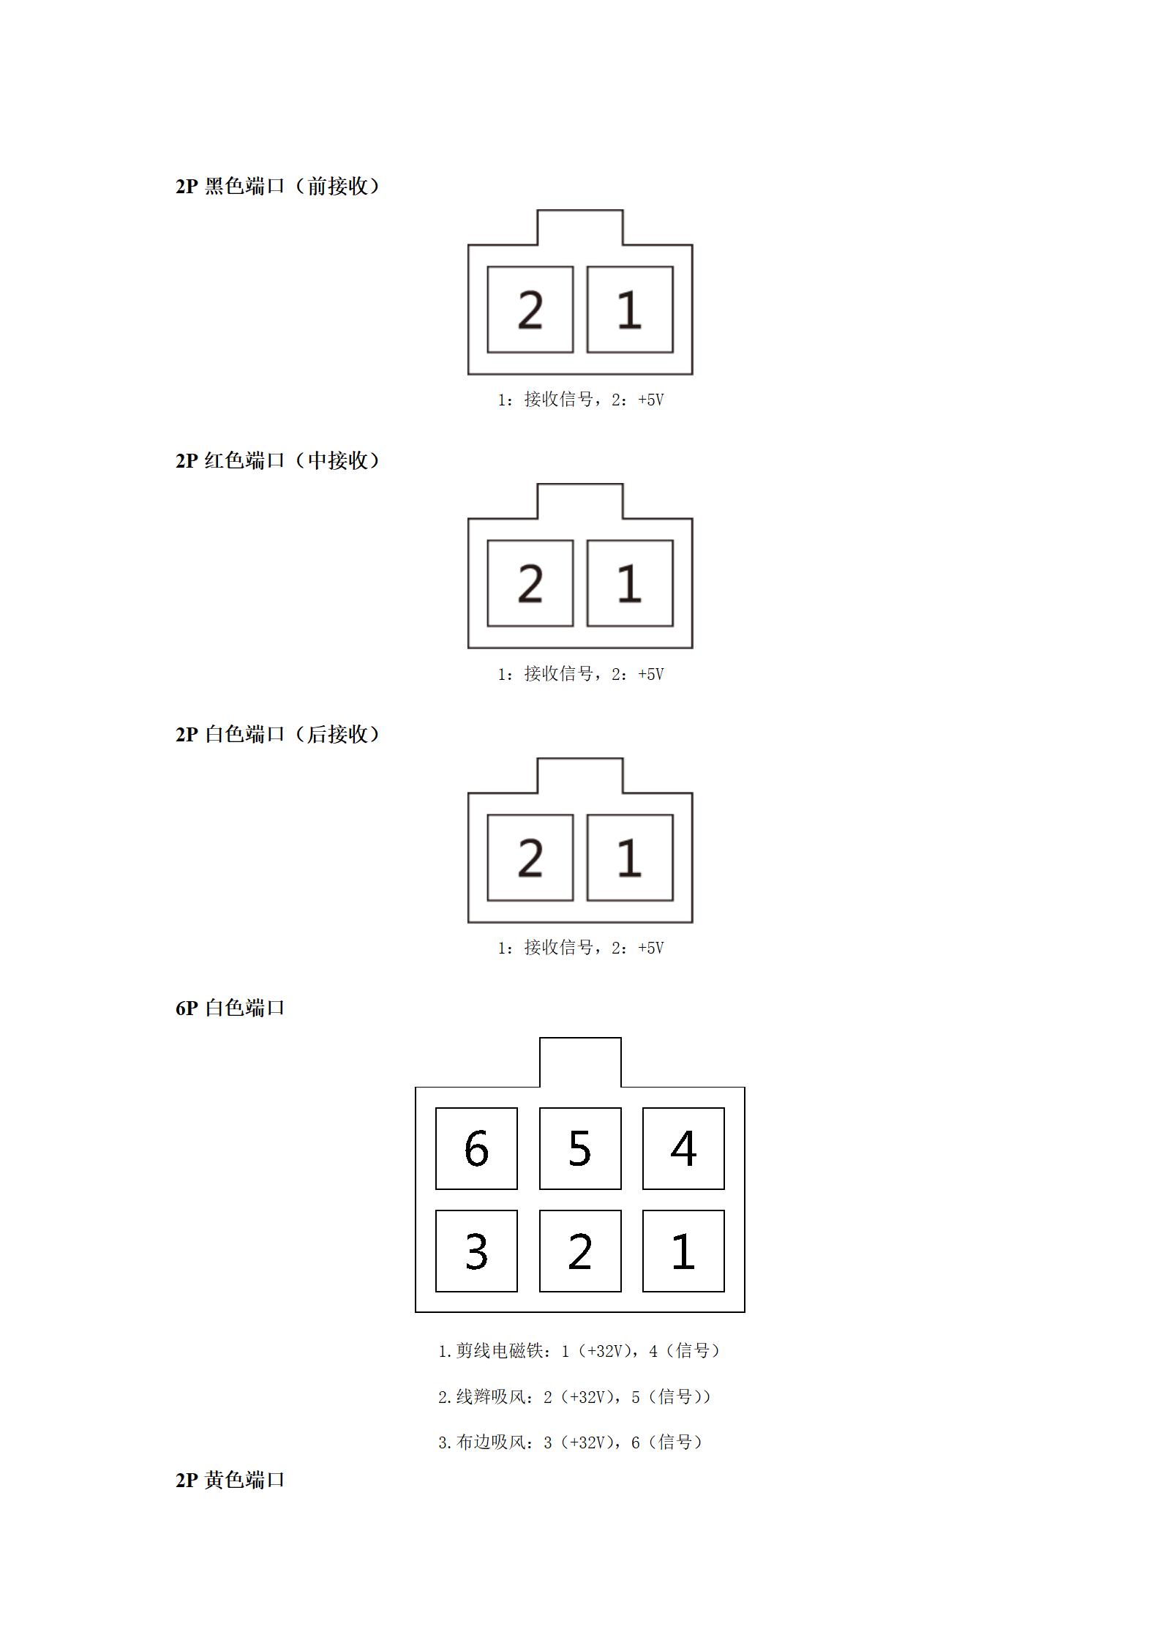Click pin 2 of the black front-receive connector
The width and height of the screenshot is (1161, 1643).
click(x=530, y=310)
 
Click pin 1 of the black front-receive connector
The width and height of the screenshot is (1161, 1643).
click(x=630, y=310)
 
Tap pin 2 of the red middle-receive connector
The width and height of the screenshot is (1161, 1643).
click(x=530, y=583)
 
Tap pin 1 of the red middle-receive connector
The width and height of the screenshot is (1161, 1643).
click(x=630, y=583)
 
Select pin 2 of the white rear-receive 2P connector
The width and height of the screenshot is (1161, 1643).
click(x=530, y=858)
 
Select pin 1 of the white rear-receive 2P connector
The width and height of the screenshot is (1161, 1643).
click(x=630, y=858)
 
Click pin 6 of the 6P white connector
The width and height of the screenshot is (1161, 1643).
click(x=476, y=1148)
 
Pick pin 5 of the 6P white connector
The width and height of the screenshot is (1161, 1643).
click(x=580, y=1148)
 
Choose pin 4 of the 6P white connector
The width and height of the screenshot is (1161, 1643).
click(x=683, y=1148)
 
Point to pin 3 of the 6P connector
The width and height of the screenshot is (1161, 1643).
click(x=476, y=1251)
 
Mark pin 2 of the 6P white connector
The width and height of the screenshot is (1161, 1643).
click(x=580, y=1251)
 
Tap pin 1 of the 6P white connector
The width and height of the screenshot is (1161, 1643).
click(x=683, y=1251)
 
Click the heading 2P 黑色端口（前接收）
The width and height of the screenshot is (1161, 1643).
click(x=278, y=186)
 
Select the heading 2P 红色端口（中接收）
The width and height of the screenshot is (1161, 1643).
click(x=278, y=460)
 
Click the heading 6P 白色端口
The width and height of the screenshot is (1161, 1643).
click(x=230, y=1008)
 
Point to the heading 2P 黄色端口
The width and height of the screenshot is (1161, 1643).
click(x=230, y=1480)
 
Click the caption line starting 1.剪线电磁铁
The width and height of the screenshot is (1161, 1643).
click(x=579, y=1350)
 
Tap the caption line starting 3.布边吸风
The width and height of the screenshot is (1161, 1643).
click(x=571, y=1442)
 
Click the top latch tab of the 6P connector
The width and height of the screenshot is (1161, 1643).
click(x=580, y=1038)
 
